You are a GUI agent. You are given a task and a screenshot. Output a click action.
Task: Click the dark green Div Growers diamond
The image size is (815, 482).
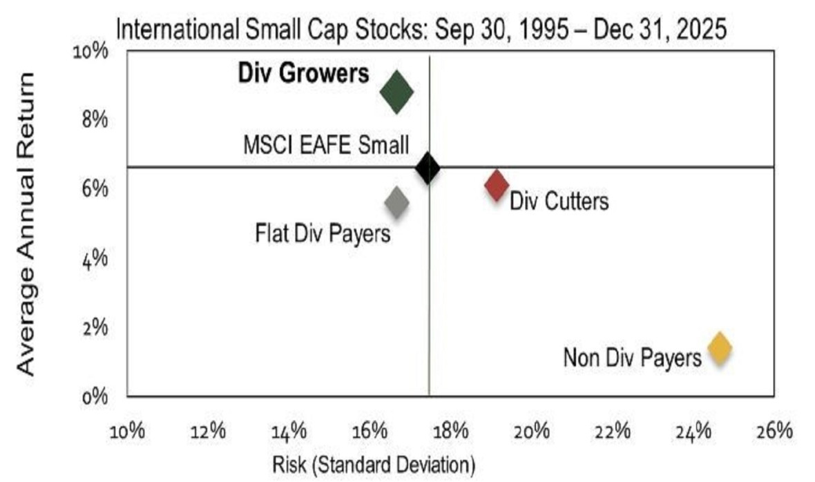click(396, 92)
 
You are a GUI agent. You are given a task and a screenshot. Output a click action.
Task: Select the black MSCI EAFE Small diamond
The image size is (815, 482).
click(428, 168)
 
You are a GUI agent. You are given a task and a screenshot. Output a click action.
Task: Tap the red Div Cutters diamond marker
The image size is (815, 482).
click(496, 185)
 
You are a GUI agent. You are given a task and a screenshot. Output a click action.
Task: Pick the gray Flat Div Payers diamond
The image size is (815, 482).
click(396, 202)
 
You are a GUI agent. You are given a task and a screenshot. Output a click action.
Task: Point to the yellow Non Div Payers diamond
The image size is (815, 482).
click(719, 348)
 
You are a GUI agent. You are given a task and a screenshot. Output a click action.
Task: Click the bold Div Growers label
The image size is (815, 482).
click(304, 74)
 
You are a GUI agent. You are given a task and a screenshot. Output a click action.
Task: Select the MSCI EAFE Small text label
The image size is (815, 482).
click(326, 146)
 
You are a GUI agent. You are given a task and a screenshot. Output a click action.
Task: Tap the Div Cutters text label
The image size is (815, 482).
click(559, 202)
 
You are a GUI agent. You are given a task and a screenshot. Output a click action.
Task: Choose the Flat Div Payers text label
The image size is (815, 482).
click(323, 233)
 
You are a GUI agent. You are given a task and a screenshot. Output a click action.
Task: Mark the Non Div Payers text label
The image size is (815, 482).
click(632, 358)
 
